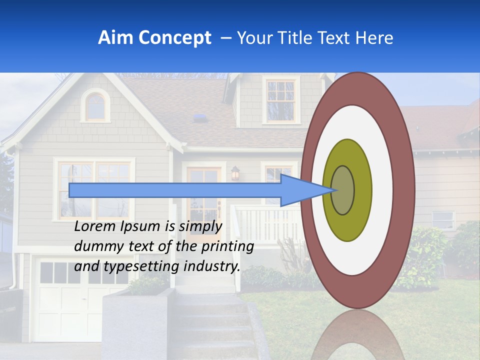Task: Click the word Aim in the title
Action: coord(116,38)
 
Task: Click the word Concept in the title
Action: coord(175,38)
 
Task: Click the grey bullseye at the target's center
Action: coord(343,190)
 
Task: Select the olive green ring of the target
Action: coord(347,225)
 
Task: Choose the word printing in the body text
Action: coord(227,246)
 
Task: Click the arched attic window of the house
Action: coord(95,106)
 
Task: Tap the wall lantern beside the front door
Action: coord(235,173)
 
